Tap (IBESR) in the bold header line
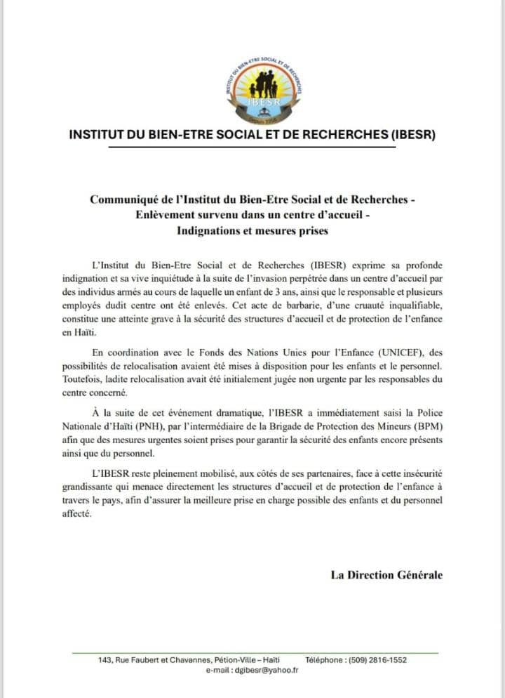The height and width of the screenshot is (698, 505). [411, 134]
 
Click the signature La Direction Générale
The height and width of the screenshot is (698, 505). [386, 574]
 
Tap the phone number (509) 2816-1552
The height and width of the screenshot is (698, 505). [381, 660]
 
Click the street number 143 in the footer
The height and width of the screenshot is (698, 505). [103, 660]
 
